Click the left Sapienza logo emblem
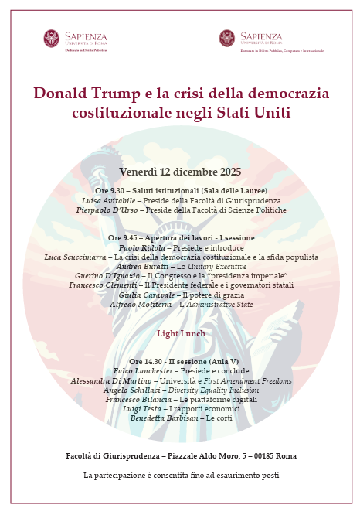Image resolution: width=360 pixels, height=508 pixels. click(52, 39)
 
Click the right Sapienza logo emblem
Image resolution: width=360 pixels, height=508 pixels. click(227, 39)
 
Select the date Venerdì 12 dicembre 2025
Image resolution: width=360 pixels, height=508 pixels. click(180, 172)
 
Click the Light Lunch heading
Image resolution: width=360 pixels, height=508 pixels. click(180, 333)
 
